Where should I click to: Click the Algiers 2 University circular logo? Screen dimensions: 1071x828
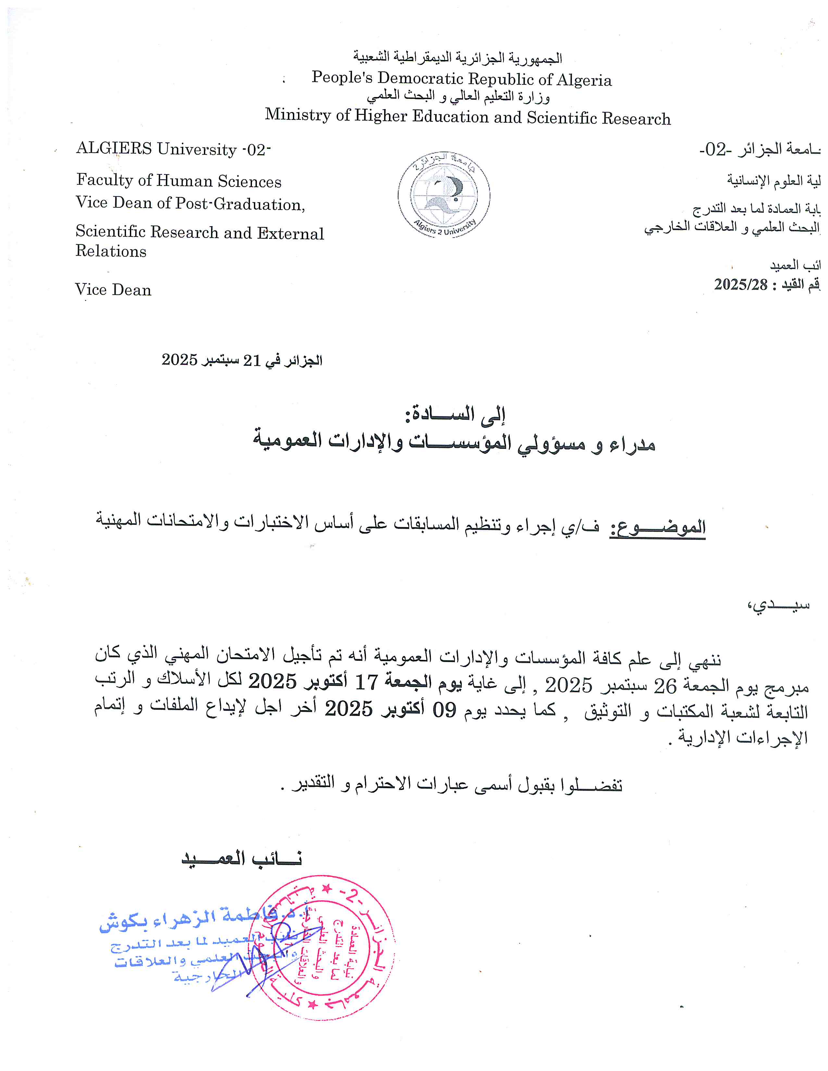[x=444, y=195]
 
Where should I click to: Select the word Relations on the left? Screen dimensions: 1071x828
[x=111, y=251]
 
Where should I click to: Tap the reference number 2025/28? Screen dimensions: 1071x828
[x=740, y=284]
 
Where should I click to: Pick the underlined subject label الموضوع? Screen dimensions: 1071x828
[x=657, y=527]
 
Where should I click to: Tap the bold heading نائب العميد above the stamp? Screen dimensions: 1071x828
[x=242, y=858]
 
